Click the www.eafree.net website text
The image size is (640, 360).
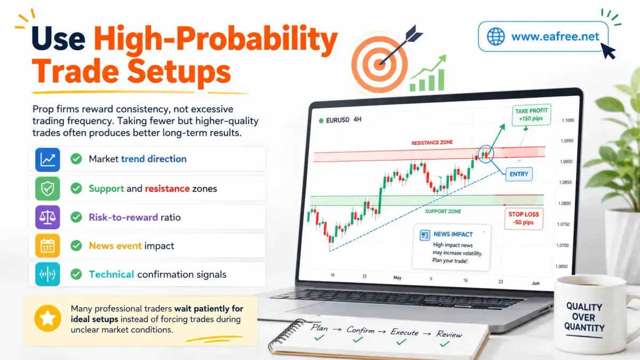555,37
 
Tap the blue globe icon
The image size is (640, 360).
495,37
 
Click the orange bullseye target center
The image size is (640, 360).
379,65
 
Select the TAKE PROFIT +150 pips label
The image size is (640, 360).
531,115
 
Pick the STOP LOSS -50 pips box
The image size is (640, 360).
523,219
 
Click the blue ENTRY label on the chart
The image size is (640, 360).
519,174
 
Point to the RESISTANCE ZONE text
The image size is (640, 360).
432,142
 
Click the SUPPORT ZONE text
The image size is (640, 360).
443,211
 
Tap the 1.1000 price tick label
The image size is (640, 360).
567,121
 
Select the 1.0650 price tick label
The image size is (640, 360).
562,266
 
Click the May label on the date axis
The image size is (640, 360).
397,278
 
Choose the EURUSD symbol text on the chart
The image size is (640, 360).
338,121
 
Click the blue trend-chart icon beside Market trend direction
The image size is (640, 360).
47,159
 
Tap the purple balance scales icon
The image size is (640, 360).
47,217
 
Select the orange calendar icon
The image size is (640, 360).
47,246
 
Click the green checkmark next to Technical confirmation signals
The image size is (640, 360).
76,274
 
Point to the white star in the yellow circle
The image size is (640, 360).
47,318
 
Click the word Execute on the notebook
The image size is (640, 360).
404,332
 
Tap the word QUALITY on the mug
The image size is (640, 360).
584,307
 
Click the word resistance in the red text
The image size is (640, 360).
167,189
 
